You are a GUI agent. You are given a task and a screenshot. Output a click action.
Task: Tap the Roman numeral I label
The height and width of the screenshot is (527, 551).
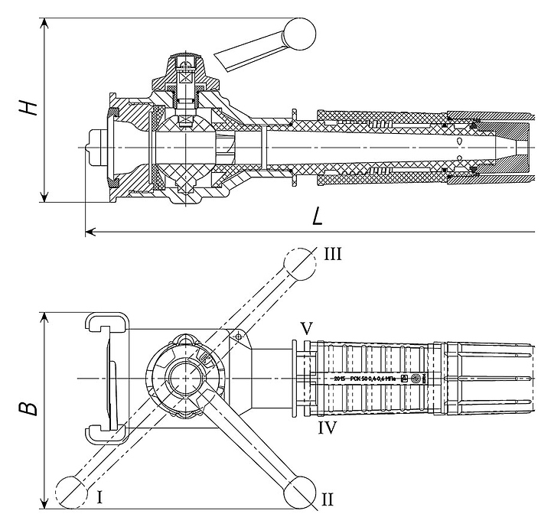click(100, 497)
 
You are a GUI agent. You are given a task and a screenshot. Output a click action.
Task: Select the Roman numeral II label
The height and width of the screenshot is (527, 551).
click(327, 499)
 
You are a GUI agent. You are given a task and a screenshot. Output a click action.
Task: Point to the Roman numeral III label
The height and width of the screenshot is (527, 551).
click(331, 254)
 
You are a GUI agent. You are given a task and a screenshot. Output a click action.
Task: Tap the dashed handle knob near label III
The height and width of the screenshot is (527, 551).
click(298, 263)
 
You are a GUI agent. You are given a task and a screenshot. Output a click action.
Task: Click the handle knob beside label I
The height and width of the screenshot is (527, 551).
click(73, 490)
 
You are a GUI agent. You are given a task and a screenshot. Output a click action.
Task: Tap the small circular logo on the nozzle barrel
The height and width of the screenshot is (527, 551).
click(416, 379)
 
